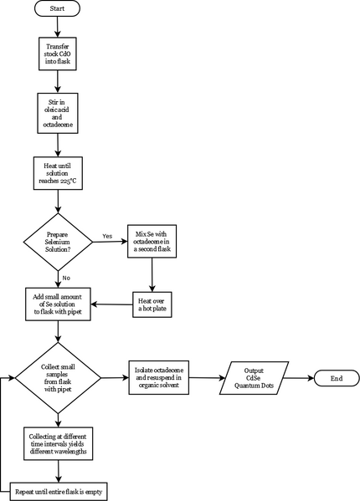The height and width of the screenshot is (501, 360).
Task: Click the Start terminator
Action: coord(57,8)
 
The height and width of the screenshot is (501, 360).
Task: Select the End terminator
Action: coord(337,378)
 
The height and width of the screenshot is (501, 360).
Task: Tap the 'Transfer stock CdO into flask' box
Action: coord(58,54)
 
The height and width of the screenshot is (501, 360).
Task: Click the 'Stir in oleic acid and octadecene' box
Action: coord(58,114)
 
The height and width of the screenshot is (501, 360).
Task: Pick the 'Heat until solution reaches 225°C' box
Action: coord(59,173)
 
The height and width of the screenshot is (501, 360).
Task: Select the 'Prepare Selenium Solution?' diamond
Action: coord(58,242)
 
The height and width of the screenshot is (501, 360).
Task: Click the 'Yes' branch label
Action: coord(107,236)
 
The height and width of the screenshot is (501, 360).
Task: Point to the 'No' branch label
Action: coord(66,278)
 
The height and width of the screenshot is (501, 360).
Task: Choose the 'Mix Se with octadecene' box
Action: coord(152,241)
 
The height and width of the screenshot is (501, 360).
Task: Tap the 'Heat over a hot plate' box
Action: coord(152,304)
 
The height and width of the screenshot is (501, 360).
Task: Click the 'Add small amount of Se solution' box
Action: coord(58,304)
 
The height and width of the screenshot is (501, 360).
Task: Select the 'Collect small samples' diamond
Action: coord(58,378)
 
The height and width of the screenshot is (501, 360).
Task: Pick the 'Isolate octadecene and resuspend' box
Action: coord(159,378)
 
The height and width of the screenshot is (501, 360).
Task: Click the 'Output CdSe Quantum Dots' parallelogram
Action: coord(255,378)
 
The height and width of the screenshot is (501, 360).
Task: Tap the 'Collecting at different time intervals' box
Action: coord(59,444)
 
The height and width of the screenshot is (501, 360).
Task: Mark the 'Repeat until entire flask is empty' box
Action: coord(59,492)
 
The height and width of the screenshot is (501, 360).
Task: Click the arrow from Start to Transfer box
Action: coord(58,27)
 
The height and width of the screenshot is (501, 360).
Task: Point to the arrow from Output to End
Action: coord(299,378)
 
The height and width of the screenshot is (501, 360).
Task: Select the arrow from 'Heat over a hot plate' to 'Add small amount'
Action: coord(112,304)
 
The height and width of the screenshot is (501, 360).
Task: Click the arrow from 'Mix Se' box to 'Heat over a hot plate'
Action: coord(152,275)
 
